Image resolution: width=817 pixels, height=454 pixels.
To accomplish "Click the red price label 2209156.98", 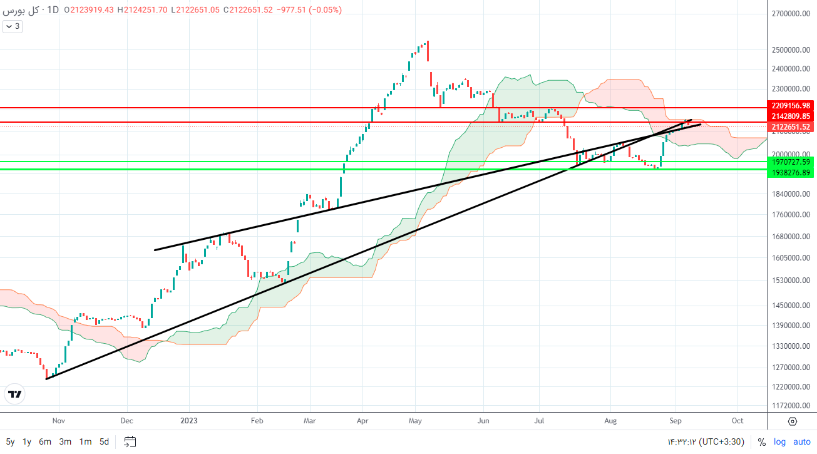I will point(791,106).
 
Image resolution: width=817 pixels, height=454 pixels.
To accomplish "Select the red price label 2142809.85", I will point(791,116).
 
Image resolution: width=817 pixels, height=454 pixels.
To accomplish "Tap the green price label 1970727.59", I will point(791,162).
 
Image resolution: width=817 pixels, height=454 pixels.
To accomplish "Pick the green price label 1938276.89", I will point(791,172).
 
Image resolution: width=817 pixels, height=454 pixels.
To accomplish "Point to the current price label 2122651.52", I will point(791,127).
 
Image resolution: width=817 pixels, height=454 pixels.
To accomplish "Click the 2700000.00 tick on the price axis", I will point(791,13).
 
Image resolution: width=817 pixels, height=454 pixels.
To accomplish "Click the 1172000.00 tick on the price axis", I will point(791,406).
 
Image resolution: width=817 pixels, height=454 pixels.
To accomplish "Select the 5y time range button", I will point(11,441).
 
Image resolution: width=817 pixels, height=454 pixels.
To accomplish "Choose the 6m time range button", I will point(45,441).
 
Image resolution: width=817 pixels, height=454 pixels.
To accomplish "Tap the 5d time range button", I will point(105,441).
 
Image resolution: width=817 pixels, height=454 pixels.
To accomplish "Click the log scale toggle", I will point(779,441).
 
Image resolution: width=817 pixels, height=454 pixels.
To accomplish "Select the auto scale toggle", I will point(801,441).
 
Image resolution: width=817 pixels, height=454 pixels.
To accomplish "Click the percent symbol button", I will point(761,441).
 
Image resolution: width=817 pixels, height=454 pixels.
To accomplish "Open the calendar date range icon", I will point(130,441).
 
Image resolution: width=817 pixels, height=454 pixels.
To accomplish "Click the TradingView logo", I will point(15,394).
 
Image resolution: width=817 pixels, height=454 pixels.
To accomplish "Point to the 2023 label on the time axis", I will point(189,421).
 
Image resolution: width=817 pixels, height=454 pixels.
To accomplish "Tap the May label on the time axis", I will point(416,421).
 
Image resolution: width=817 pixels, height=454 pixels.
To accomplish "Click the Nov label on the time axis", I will point(58,421).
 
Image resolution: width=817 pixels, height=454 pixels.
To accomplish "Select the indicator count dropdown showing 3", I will point(13,26).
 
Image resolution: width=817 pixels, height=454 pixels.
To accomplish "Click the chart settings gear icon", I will point(792,421).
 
